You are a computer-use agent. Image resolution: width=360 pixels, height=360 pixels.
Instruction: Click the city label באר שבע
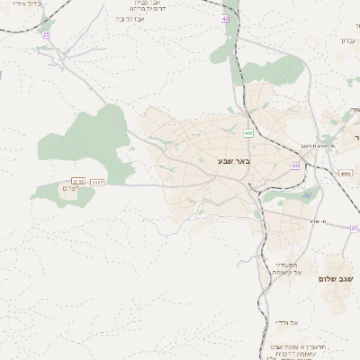click(232, 161)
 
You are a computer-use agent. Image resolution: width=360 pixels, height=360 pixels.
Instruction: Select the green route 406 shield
click(247, 133)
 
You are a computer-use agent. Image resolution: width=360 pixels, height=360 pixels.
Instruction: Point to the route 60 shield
click(295, 166)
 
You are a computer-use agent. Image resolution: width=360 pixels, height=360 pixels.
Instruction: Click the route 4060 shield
click(346, 172)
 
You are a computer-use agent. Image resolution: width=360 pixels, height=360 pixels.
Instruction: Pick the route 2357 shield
click(97, 182)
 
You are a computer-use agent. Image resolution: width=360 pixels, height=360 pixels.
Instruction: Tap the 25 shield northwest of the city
click(46, 34)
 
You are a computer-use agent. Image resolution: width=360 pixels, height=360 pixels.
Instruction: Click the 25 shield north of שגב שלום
click(355, 229)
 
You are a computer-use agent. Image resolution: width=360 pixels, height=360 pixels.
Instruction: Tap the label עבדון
click(350, 40)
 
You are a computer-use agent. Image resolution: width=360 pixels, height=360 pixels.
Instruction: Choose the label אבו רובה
click(132, 18)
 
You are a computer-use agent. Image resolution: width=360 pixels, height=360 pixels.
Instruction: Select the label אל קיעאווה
click(287, 273)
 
